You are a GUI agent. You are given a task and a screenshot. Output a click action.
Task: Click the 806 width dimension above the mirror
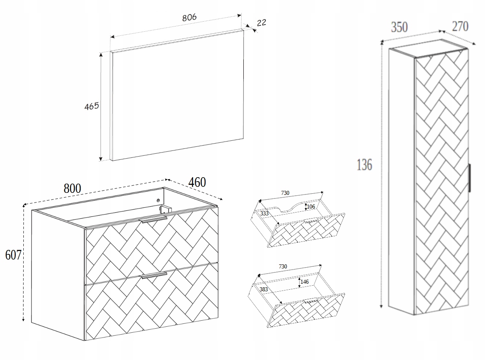(x=189, y=17)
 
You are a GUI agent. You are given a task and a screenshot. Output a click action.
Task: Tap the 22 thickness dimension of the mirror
(x=261, y=23)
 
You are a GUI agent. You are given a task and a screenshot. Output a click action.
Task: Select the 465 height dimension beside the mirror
(x=92, y=106)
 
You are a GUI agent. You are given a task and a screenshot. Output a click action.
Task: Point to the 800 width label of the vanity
(x=72, y=188)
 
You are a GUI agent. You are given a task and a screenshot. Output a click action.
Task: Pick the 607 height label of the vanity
(x=12, y=255)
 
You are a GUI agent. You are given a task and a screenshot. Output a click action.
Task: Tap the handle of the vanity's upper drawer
(x=153, y=219)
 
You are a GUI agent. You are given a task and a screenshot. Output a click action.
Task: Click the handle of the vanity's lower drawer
(x=154, y=275)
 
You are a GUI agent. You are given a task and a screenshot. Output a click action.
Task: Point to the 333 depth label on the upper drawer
(x=264, y=213)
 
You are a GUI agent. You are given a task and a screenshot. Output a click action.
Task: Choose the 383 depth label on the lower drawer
(x=264, y=289)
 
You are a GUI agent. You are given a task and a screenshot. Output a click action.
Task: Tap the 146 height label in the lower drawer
(x=304, y=282)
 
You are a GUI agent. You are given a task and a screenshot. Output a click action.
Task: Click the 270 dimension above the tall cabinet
(x=460, y=26)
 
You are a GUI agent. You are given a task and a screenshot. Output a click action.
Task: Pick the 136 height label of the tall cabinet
(x=364, y=164)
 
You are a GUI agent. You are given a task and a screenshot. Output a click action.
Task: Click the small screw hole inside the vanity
(x=158, y=200)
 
